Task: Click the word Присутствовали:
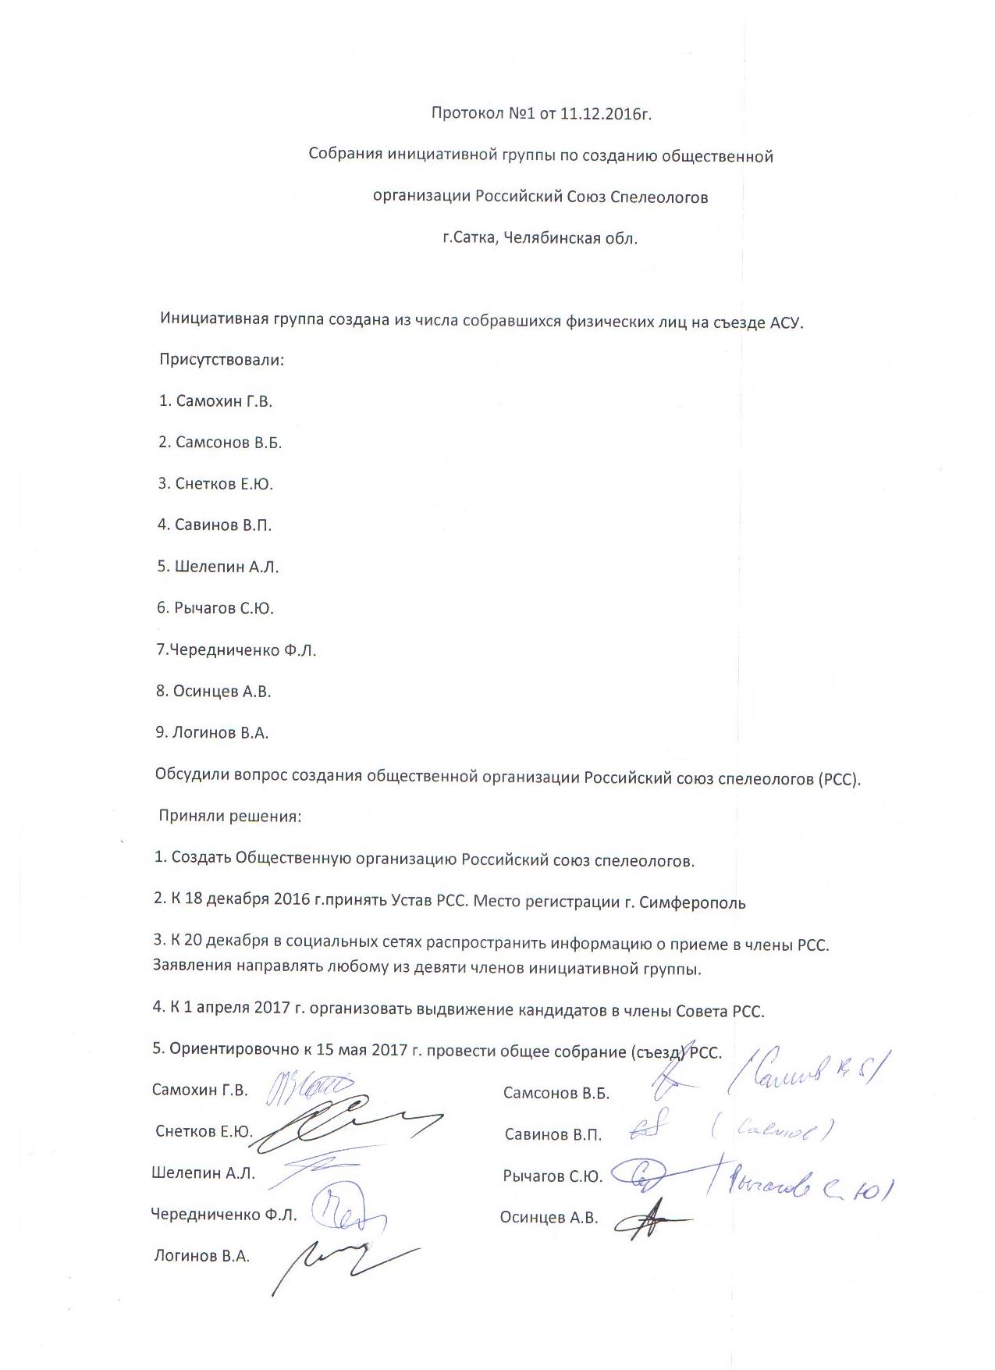[x=222, y=360]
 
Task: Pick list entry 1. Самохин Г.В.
[x=215, y=401]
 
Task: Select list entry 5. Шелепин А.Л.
[x=218, y=567]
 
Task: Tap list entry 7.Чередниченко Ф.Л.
[x=236, y=649]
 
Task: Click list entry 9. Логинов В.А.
[x=212, y=732]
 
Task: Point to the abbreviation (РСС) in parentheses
[x=839, y=779]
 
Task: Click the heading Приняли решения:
[x=229, y=817]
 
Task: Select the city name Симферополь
[x=692, y=903]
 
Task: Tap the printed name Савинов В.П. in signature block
[x=553, y=1135]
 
